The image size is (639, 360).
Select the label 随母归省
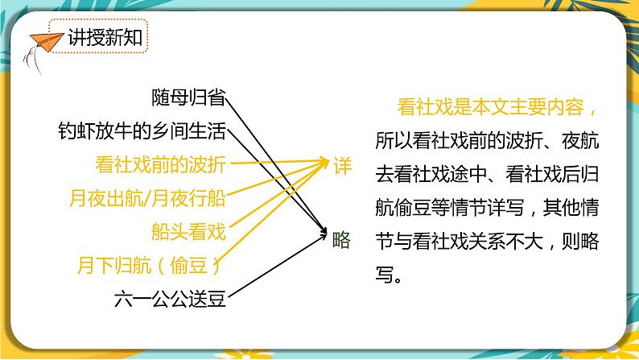click(188, 98)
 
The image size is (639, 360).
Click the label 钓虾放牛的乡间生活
click(142, 130)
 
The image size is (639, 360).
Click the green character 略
click(341, 237)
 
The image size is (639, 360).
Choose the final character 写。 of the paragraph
click(386, 275)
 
